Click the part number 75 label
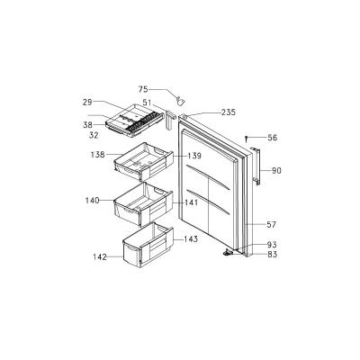click(x=143, y=89)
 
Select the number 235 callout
click(x=229, y=112)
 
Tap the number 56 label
click(x=273, y=138)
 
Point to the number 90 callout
click(x=276, y=171)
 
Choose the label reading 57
click(x=271, y=224)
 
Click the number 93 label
click(x=272, y=245)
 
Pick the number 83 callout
click(x=272, y=255)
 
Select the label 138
click(x=98, y=155)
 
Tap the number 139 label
click(x=194, y=156)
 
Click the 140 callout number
click(x=93, y=200)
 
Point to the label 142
click(x=100, y=257)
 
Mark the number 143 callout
click(x=191, y=239)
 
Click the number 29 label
click(x=87, y=102)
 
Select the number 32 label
click(x=94, y=136)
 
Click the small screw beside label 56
click(x=246, y=139)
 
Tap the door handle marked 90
click(x=256, y=166)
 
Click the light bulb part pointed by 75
click(x=180, y=101)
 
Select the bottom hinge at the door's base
click(x=228, y=253)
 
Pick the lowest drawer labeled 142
click(x=148, y=245)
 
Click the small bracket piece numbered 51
click(x=168, y=120)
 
